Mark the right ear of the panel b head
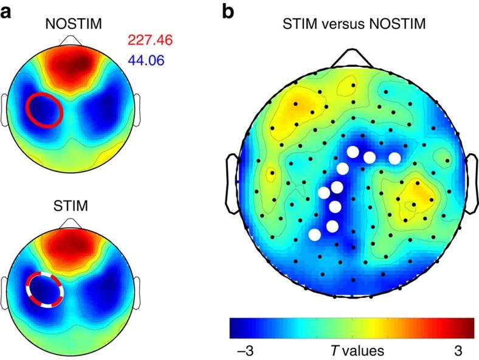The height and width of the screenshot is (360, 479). click(x=468, y=183)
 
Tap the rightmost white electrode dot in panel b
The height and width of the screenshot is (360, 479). click(x=395, y=159)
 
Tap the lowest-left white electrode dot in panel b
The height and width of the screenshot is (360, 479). click(x=314, y=234)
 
